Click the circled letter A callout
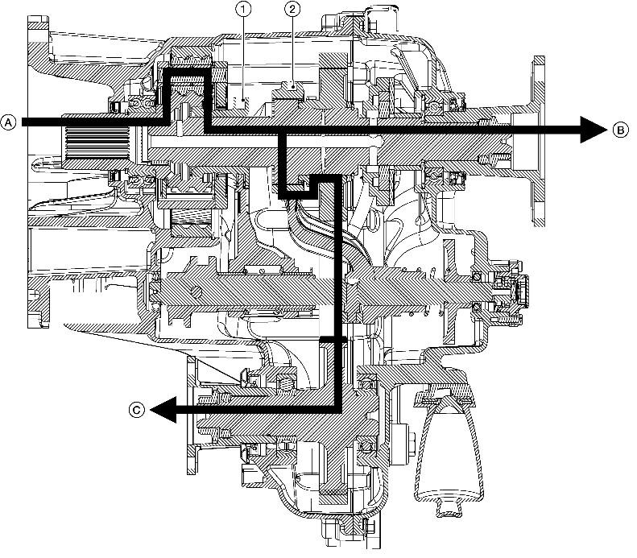(x=8, y=122)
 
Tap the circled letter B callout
(x=620, y=130)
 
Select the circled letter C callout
(x=137, y=409)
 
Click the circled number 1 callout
(x=243, y=10)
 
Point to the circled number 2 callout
(x=292, y=10)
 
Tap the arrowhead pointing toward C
(x=163, y=409)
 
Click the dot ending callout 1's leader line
(x=243, y=100)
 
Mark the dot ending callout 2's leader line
(x=292, y=85)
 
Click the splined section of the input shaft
(x=97, y=143)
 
